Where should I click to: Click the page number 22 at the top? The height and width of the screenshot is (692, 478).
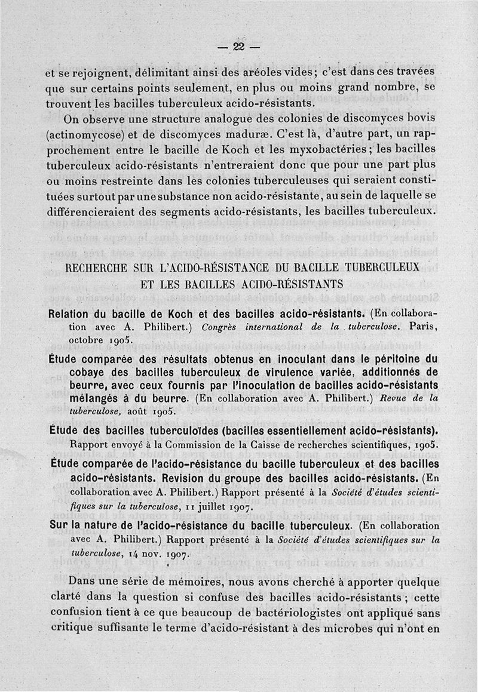point(240,48)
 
